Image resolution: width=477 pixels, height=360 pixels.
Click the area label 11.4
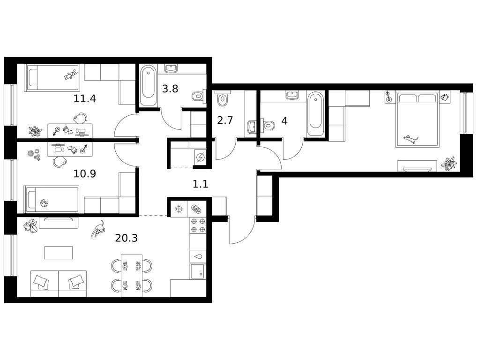point(85,99)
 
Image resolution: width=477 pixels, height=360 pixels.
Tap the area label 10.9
point(85,174)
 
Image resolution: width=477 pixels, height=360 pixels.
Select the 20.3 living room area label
point(127,238)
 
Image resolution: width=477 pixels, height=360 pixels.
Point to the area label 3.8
point(170,89)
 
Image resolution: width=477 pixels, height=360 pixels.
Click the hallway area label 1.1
point(201,184)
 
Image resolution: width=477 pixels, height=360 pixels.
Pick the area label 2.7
point(225,120)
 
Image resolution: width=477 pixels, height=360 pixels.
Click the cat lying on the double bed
point(410,139)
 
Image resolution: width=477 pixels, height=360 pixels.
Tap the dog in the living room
point(98,229)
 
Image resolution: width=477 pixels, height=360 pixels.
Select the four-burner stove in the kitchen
point(198,225)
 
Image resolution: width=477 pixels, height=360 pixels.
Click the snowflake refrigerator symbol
point(178,209)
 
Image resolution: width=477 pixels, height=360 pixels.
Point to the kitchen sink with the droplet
point(198,256)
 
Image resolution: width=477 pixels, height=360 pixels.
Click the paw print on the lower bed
point(45,202)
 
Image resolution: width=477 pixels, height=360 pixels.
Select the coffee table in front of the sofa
point(59,253)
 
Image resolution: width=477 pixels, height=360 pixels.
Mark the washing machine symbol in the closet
point(201,157)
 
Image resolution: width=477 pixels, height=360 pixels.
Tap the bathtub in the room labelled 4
point(315,115)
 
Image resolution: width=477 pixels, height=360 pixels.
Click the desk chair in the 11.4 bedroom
point(80,118)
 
